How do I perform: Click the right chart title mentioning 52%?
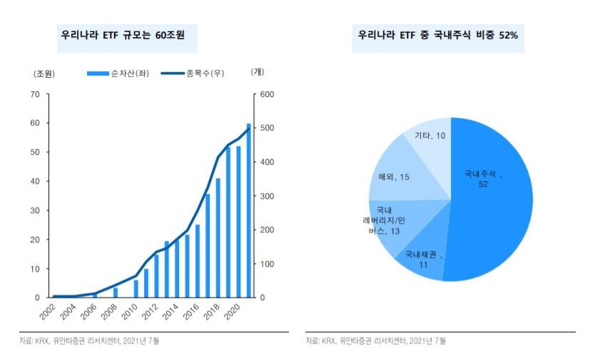(x=438, y=35)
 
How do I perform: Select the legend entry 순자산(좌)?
(x=118, y=73)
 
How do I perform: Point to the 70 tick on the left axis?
(x=35, y=94)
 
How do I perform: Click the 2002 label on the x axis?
(x=48, y=313)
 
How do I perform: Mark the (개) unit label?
(x=258, y=72)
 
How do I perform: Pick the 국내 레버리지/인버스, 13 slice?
(x=389, y=223)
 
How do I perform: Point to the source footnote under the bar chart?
(x=89, y=341)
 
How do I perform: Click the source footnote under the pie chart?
(x=376, y=341)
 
